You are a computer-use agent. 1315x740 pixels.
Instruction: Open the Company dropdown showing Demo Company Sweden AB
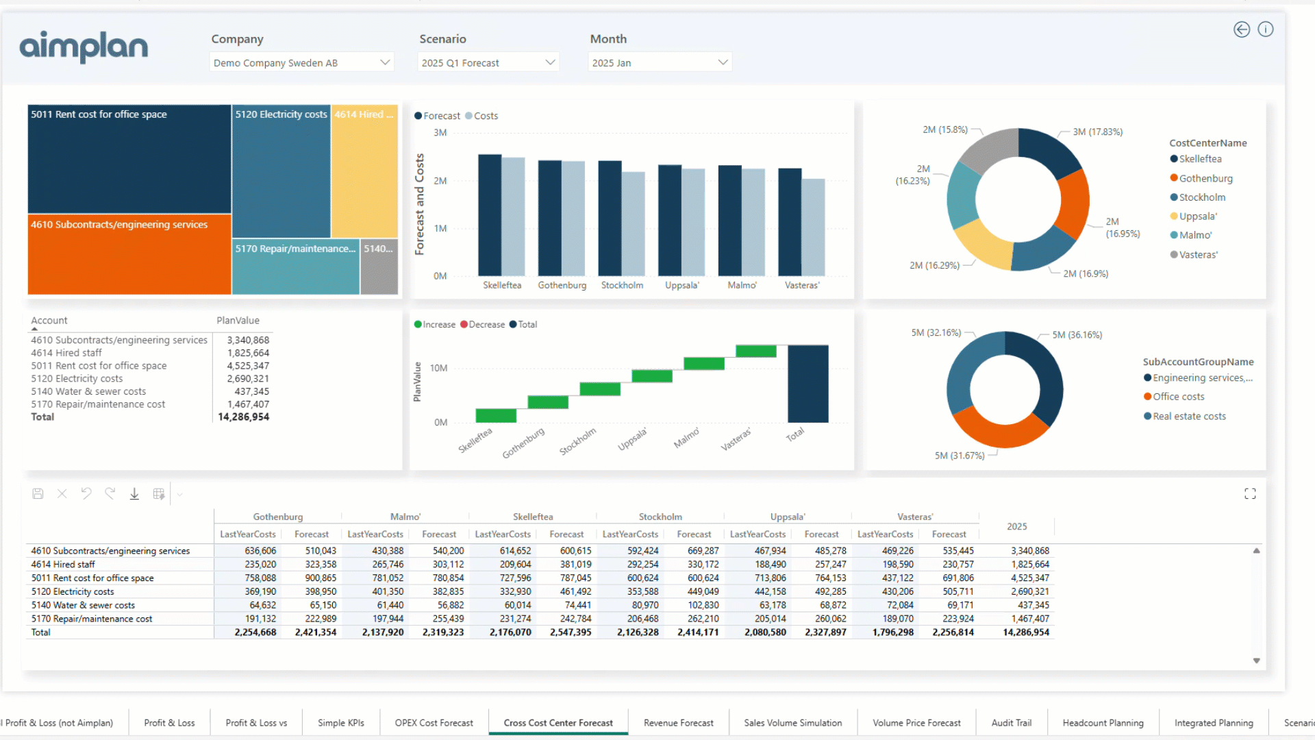coord(301,62)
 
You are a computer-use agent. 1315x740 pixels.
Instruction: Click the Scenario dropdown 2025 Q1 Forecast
coord(488,62)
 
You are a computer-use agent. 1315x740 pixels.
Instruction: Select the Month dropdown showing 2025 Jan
coord(659,62)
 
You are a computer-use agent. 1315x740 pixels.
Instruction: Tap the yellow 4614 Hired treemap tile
coord(364,171)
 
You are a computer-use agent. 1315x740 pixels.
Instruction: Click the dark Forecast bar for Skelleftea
coord(490,215)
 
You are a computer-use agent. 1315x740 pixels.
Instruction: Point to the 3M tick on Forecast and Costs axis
coord(440,133)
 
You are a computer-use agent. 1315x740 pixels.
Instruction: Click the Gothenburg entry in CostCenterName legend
coord(1205,178)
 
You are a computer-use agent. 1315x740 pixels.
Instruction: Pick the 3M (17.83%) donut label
coord(1097,132)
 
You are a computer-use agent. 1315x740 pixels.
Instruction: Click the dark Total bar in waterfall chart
coord(807,384)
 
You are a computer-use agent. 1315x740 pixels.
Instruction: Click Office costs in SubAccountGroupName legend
coord(1178,397)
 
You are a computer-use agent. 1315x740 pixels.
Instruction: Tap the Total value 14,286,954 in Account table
coord(243,417)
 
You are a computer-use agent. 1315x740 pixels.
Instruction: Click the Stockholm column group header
coord(660,517)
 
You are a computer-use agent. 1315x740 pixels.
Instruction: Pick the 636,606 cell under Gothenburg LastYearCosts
coord(260,551)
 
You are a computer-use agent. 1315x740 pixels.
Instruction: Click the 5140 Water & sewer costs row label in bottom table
coord(83,605)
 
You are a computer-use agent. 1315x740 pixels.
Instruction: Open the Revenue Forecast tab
coord(678,723)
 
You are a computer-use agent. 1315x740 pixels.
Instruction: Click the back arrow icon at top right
coord(1242,29)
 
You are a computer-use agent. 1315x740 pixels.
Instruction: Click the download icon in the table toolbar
coord(134,494)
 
